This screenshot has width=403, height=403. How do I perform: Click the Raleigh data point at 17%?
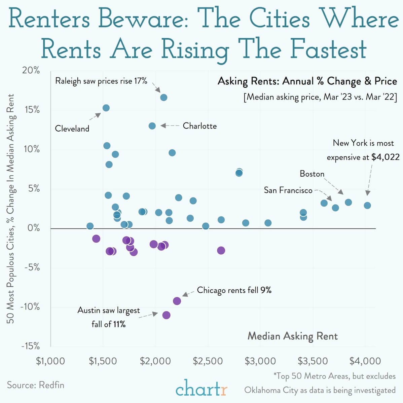click(164, 98)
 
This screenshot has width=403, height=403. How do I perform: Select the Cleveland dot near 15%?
click(106, 108)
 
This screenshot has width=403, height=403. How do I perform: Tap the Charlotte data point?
click(152, 126)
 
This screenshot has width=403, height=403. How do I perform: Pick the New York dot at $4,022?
click(367, 205)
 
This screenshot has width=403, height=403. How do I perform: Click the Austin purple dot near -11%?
click(166, 315)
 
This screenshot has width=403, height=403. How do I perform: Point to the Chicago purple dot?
click(177, 301)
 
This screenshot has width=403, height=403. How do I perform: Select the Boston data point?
click(349, 202)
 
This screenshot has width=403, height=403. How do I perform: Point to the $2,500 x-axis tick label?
click(208, 361)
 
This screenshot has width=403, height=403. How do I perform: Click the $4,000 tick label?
click(365, 361)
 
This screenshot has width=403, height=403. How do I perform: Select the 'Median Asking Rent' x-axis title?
click(292, 336)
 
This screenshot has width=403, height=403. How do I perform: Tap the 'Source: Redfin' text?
click(36, 385)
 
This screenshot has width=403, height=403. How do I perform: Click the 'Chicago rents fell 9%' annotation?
click(234, 290)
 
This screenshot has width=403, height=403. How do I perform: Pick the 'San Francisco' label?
click(288, 190)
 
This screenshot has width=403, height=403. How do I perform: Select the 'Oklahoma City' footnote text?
click(271, 390)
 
